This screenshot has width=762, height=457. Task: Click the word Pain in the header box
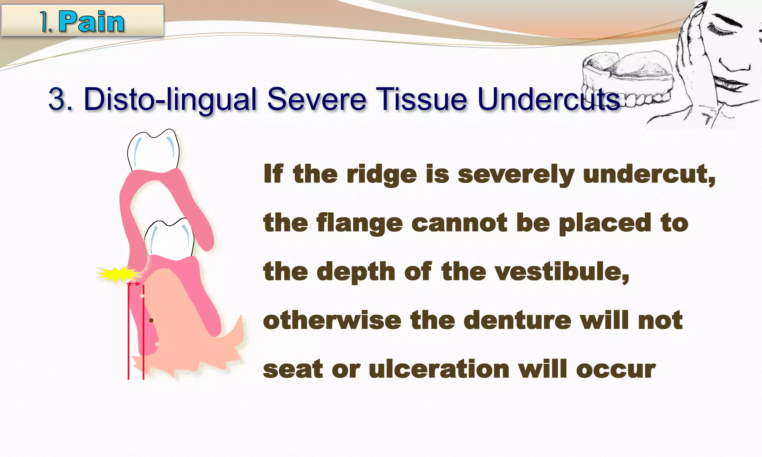[x=91, y=22]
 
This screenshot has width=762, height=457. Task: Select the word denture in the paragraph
[x=517, y=320]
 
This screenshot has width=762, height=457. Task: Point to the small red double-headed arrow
[x=134, y=284]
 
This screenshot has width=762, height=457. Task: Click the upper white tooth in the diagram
[x=153, y=151]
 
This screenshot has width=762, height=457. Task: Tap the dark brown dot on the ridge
[x=151, y=320]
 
